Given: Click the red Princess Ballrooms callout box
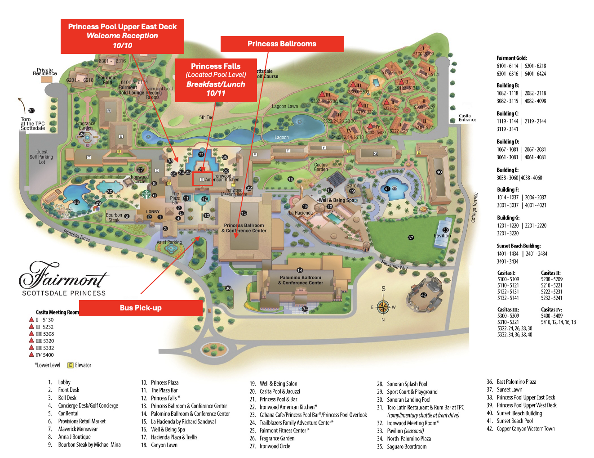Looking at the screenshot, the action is (x=282, y=44).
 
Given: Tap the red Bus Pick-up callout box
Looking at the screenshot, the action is (x=141, y=308).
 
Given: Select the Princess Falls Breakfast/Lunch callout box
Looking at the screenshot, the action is (x=216, y=80).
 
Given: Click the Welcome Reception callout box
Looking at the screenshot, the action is (x=122, y=36).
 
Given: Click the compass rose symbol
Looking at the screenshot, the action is (x=383, y=307).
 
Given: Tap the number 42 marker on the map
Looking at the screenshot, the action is (x=423, y=295).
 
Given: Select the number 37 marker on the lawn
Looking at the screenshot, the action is (x=411, y=238).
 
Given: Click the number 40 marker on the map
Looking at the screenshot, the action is (x=439, y=172).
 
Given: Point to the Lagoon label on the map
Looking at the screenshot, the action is (x=282, y=138).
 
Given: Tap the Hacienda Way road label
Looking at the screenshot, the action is (x=394, y=265).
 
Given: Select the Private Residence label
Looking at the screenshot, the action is (x=45, y=72).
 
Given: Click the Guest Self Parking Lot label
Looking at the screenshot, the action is (x=42, y=157).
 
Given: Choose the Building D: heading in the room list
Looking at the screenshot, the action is (x=508, y=142).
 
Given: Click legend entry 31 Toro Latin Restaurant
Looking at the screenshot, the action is (x=425, y=408).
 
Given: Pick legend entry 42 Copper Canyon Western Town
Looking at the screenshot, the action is (x=525, y=429).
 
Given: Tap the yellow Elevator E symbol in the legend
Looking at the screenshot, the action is (x=70, y=365).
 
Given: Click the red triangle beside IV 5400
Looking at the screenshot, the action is (x=31, y=355).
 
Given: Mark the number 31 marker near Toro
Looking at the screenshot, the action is (x=31, y=111).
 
